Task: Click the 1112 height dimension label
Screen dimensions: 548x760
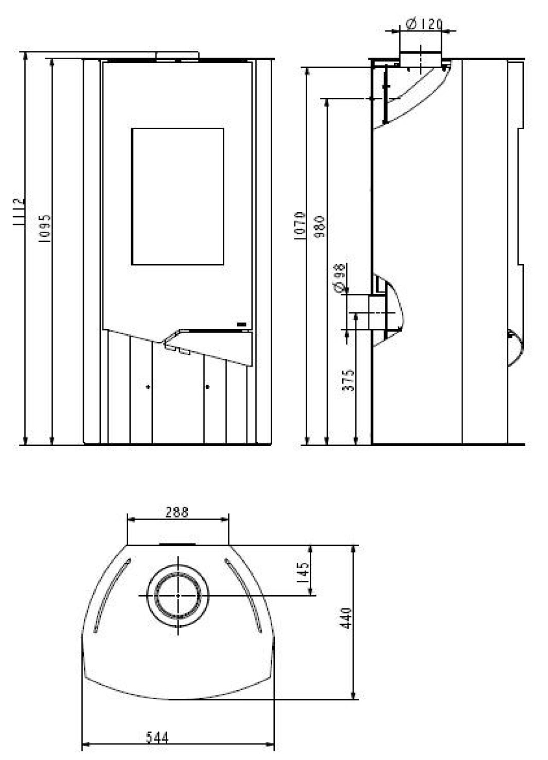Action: [x=19, y=213]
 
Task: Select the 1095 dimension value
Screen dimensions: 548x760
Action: [x=44, y=228]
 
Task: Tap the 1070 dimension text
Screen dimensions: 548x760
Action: [x=300, y=226]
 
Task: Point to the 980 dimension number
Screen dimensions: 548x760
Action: [x=320, y=227]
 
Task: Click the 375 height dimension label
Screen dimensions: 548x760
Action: [x=348, y=380]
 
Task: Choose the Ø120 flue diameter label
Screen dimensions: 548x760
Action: [x=424, y=24]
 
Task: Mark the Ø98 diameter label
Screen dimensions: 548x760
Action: [x=340, y=278]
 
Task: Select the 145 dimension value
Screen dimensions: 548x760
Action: [x=303, y=573]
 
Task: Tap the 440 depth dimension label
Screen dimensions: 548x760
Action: [x=346, y=618]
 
